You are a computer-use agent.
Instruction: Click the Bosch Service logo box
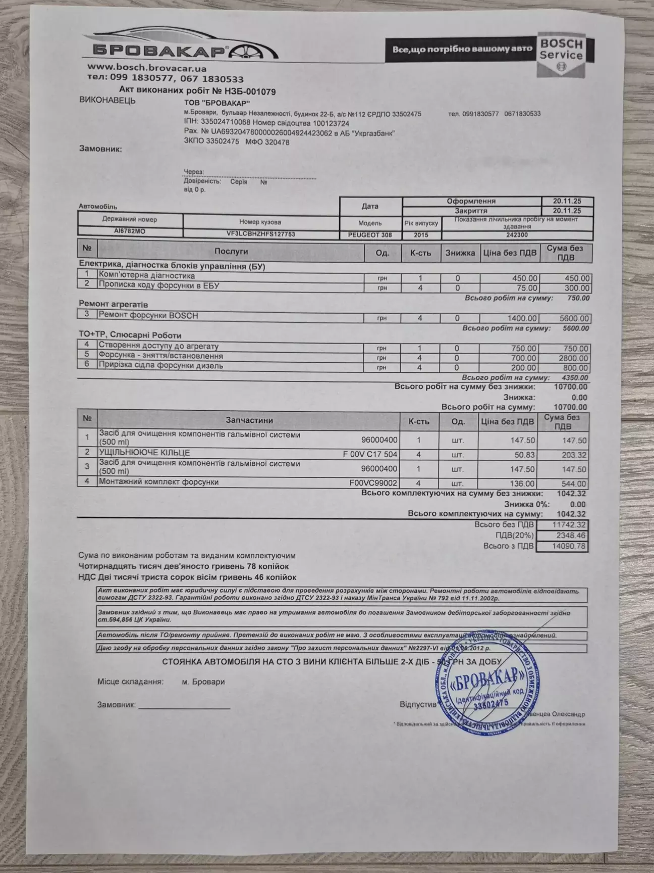click(561, 55)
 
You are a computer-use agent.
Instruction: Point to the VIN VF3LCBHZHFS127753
click(261, 234)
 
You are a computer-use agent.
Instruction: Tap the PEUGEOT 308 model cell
click(370, 235)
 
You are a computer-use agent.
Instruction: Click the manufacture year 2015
click(420, 235)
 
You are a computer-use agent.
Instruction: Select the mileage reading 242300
click(517, 235)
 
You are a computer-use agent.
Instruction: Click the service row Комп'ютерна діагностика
click(147, 276)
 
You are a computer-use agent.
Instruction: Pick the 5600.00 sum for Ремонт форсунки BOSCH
click(570, 318)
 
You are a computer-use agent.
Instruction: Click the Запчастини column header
click(249, 420)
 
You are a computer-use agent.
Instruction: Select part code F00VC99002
click(373, 482)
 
